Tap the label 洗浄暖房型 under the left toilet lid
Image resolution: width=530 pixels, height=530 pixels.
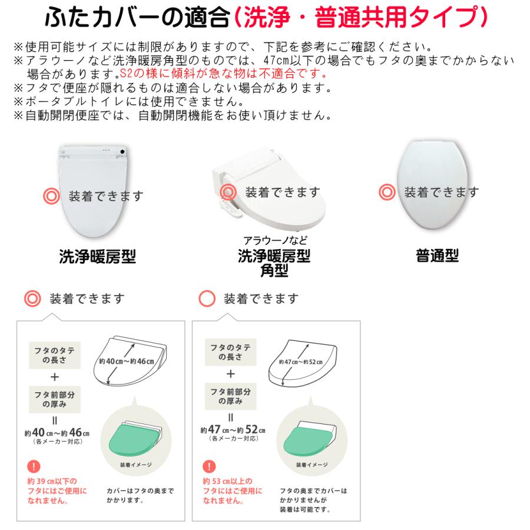[98, 256]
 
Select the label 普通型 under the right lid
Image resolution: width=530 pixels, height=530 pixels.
[437, 256]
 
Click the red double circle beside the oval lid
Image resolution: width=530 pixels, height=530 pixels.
[387, 193]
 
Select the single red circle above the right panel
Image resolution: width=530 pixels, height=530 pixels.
[207, 299]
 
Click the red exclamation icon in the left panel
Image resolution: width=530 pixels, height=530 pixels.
[32, 469]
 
